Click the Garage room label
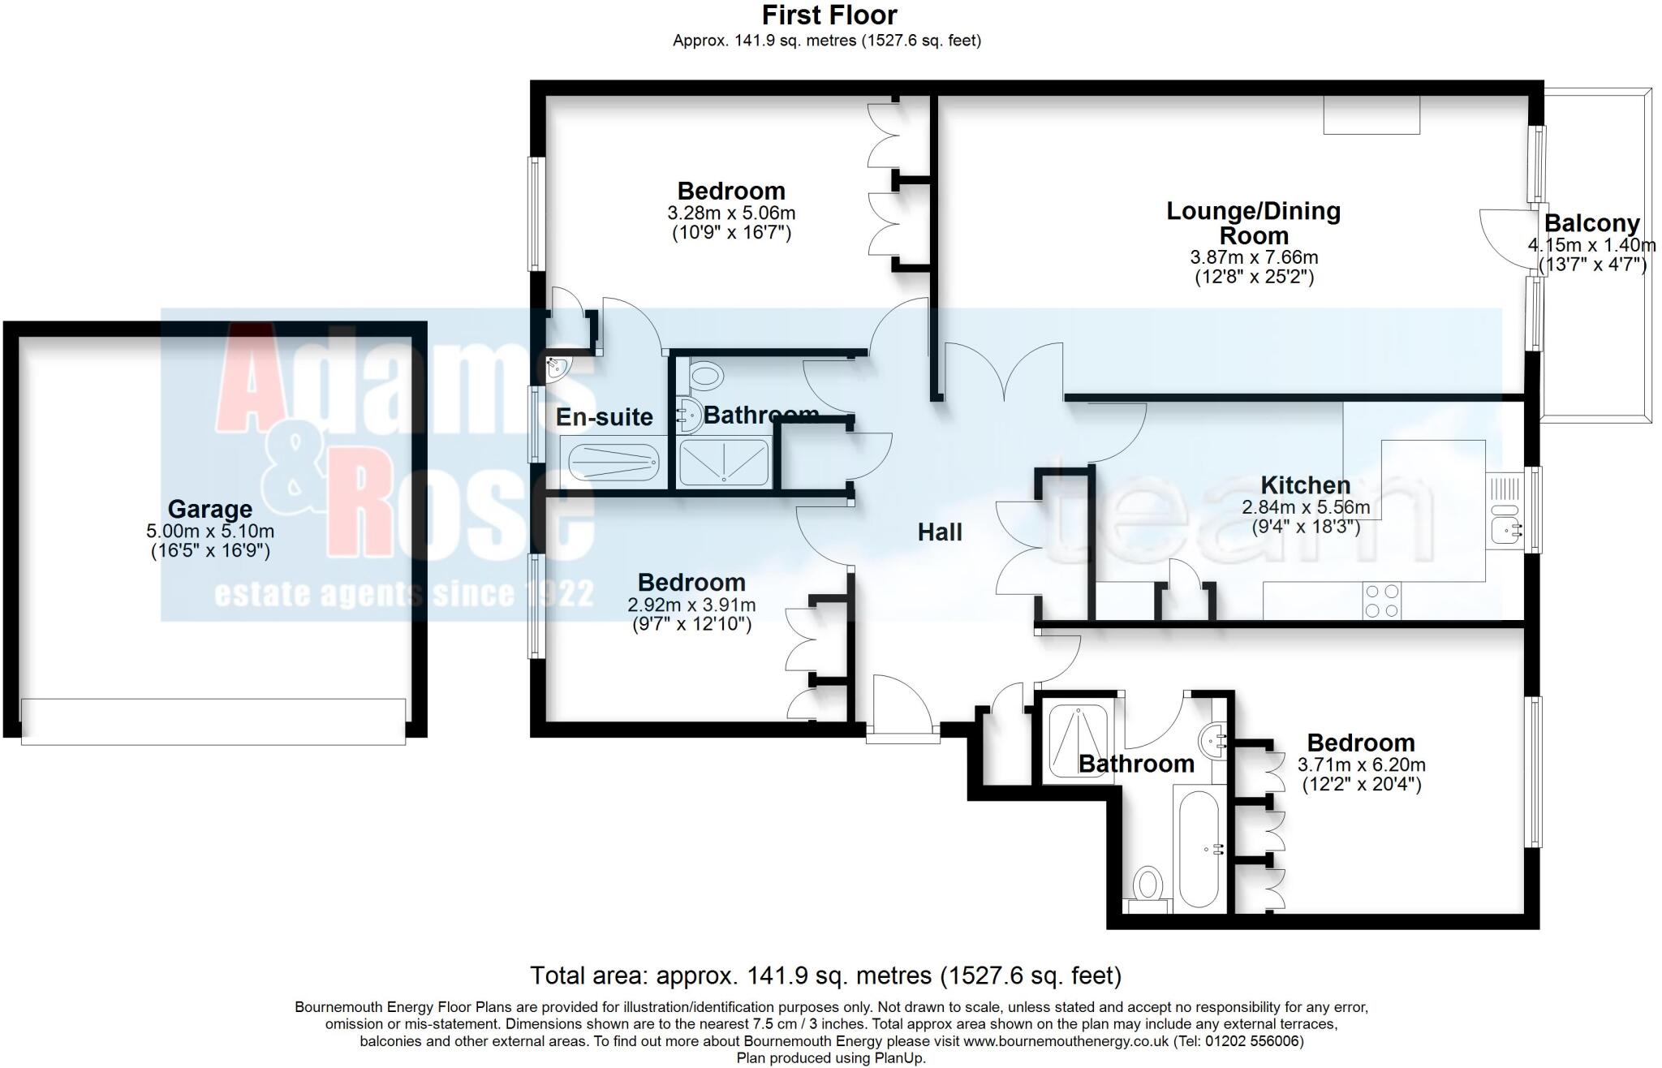[209, 509]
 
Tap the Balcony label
[1591, 223]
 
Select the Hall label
[940, 532]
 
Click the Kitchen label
[1305, 485]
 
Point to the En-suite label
[604, 417]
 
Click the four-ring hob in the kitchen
[1382, 601]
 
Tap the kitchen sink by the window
[1506, 529]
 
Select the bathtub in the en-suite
[613, 464]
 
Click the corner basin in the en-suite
[558, 369]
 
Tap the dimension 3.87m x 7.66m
[1254, 258]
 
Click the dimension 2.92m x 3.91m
[691, 605]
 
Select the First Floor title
[829, 15]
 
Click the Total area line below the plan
[825, 975]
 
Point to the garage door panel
[213, 721]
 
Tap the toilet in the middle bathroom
[705, 376]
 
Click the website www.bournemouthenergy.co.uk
[1066, 1041]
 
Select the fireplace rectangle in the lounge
[1371, 114]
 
